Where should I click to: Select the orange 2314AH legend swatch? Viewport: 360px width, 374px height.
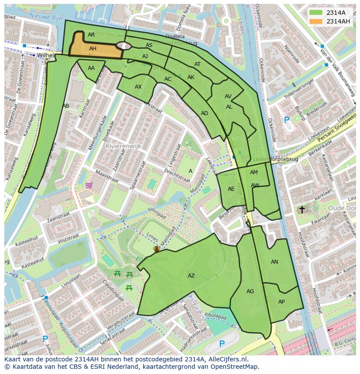coord(316,21)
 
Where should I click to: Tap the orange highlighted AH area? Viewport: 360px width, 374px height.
coord(93,49)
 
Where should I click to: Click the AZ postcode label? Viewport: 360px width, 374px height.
coord(191,276)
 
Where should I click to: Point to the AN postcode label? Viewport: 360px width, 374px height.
coord(274,262)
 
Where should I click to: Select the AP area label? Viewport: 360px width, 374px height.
coord(281,302)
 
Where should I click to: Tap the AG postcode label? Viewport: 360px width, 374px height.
coord(250,291)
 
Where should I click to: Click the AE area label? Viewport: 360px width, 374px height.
coord(231,189)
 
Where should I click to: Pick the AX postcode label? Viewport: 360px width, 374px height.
coord(138,87)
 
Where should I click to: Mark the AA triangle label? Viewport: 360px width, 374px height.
coord(91,68)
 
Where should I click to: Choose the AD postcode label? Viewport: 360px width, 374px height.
coord(204,113)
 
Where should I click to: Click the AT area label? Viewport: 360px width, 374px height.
coord(197,64)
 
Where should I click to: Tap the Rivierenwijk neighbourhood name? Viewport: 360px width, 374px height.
coord(123,146)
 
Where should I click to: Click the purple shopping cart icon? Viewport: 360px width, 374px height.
coord(89,185)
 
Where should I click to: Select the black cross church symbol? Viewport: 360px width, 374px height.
coord(302,209)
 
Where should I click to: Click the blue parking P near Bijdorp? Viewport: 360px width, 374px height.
coord(286,120)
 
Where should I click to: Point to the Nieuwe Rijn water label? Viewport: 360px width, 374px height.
coord(46,16)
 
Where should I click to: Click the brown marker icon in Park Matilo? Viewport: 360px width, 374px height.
coord(156,249)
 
